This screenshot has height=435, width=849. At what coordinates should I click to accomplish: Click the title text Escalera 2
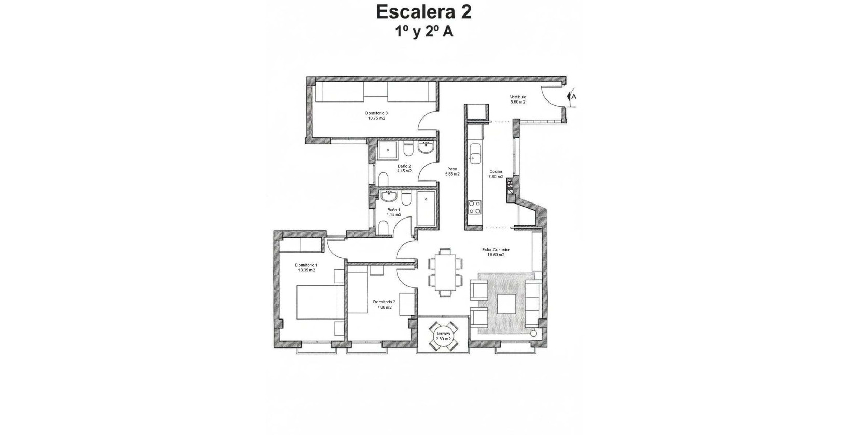coord(424,11)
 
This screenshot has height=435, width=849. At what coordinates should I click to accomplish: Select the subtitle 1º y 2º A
coord(424,31)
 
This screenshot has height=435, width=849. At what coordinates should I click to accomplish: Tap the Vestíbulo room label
coord(518,97)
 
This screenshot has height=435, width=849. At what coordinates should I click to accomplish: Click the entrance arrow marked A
coord(572,96)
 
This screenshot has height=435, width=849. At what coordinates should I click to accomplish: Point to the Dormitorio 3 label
coord(376,113)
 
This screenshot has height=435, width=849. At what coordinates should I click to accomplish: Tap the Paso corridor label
coord(452,169)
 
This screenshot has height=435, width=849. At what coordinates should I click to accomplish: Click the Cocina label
coord(496,171)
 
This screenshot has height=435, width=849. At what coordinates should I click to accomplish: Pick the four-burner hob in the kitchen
coord(474,207)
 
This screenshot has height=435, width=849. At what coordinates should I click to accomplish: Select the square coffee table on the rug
coord(506,304)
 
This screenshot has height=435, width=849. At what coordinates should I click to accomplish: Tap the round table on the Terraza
coord(444,336)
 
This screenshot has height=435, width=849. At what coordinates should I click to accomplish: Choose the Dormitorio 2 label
coord(384,302)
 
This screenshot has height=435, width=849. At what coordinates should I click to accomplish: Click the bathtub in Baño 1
coord(426,209)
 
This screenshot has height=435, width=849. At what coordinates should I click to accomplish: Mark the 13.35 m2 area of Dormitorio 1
coord(306,270)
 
